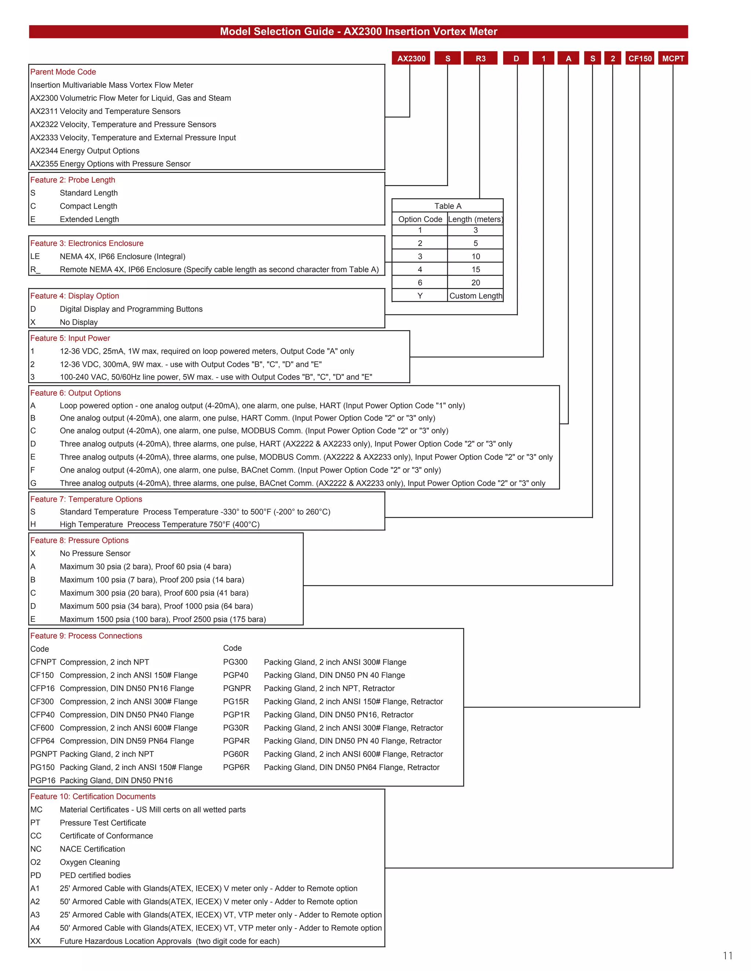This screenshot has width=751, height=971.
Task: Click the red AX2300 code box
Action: point(411,58)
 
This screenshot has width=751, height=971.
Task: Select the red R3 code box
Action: point(480,58)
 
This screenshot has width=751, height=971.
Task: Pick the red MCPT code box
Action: point(673,58)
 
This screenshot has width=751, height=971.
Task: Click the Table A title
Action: point(448,206)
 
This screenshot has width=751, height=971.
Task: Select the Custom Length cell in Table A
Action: point(475,296)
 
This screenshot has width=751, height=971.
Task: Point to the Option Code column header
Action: point(420,219)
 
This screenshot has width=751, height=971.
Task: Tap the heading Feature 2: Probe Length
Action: point(73,180)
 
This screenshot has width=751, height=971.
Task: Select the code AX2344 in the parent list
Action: point(44,151)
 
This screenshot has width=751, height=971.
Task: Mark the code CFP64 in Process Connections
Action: point(42,741)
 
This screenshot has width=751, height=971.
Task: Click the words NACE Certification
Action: point(92,849)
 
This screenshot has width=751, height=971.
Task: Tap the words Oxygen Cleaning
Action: point(90,862)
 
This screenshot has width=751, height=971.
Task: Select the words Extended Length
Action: point(89,219)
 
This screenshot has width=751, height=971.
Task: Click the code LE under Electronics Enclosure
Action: point(35,256)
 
